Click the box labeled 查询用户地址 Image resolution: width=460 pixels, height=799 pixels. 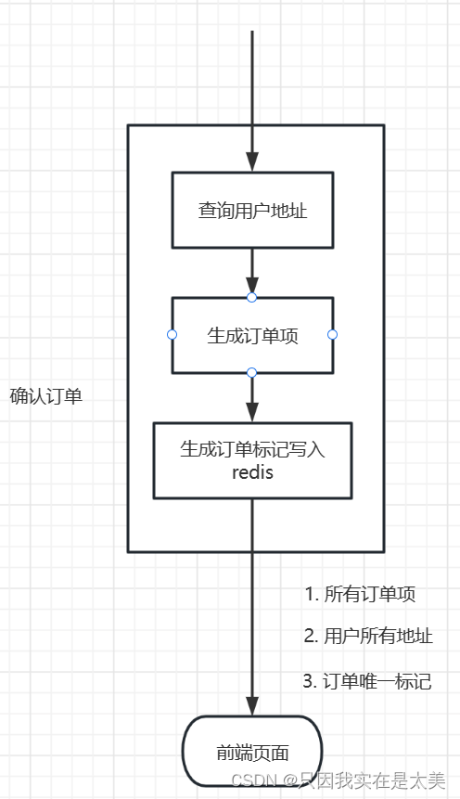tap(251, 210)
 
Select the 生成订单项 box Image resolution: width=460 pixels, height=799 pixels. tap(251, 335)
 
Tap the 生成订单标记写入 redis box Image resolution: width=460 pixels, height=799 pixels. tap(251, 460)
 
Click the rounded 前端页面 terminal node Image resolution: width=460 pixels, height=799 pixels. tap(251, 752)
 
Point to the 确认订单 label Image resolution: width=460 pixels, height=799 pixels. tap(46, 396)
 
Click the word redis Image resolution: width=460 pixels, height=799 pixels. tap(251, 472)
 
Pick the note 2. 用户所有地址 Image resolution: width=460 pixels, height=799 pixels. tap(368, 637)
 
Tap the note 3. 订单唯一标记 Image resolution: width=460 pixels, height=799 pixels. tap(367, 681)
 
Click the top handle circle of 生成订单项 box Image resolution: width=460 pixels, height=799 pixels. tap(251, 297)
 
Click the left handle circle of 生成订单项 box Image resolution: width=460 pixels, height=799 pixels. tap(172, 334)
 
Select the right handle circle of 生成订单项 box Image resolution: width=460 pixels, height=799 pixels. tap(332, 334)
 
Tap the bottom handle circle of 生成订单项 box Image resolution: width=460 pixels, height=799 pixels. tap(251, 372)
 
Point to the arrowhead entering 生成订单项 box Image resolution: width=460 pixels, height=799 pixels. tap(251, 286)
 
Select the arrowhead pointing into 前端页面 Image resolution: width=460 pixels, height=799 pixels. tap(251, 705)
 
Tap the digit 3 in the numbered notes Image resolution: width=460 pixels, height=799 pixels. tap(309, 681)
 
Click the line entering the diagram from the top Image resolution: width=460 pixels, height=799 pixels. tap(251, 74)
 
